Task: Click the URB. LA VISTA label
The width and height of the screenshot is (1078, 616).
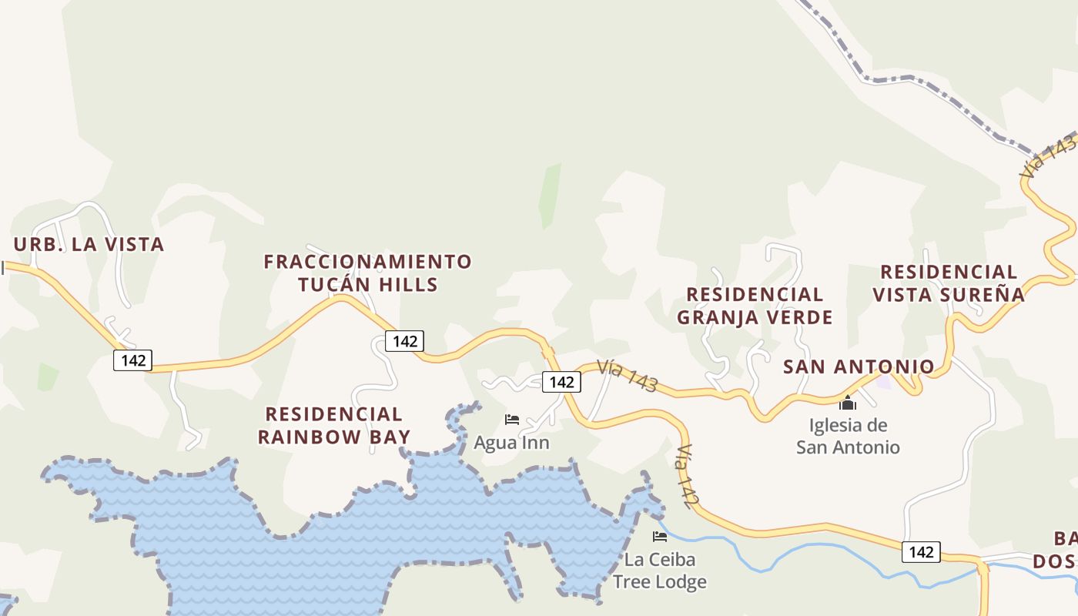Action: (89, 245)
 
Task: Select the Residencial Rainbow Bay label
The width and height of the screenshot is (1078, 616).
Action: (333, 426)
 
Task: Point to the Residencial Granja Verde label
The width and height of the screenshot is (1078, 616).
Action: (755, 306)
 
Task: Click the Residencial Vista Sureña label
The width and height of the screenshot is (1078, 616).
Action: (949, 283)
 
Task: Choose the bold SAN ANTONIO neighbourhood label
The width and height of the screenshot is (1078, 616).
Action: (859, 367)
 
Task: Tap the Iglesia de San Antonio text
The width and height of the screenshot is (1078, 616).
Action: (848, 436)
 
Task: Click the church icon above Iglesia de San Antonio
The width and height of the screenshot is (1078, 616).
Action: (848, 403)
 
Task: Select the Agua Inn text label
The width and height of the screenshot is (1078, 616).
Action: (511, 443)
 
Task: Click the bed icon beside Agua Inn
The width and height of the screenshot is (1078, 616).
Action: (511, 420)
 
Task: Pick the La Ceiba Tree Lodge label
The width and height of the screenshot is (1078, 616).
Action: (660, 570)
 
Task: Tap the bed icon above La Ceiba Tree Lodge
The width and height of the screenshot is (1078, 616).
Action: (660, 536)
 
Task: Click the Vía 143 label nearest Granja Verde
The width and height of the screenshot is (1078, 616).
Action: (628, 377)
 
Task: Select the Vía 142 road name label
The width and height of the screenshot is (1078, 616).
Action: (688, 477)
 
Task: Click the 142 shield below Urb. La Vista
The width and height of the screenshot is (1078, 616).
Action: (133, 360)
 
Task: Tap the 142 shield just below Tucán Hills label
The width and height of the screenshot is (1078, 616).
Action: (404, 341)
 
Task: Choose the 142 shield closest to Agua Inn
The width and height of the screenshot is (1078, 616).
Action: (561, 381)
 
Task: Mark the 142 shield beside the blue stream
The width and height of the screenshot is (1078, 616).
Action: (921, 552)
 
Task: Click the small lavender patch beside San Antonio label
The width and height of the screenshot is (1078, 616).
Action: (884, 381)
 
